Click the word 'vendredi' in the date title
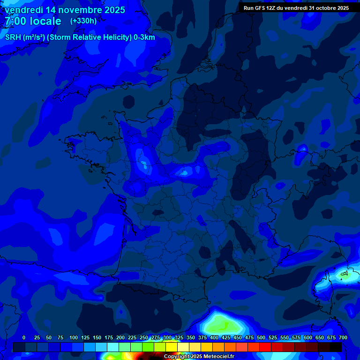coord(24,10)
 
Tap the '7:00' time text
coord(15,21)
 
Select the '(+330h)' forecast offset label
coord(83,21)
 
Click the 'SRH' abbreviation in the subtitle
coord(14,37)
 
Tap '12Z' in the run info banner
coord(274,8)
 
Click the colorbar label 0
coord(24,337)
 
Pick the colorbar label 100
coord(73,337)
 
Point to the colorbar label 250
coord(143,337)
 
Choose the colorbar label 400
coord(214,337)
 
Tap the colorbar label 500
coord(261,337)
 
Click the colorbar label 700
coord(343,337)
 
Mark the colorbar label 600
coord(307,337)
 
